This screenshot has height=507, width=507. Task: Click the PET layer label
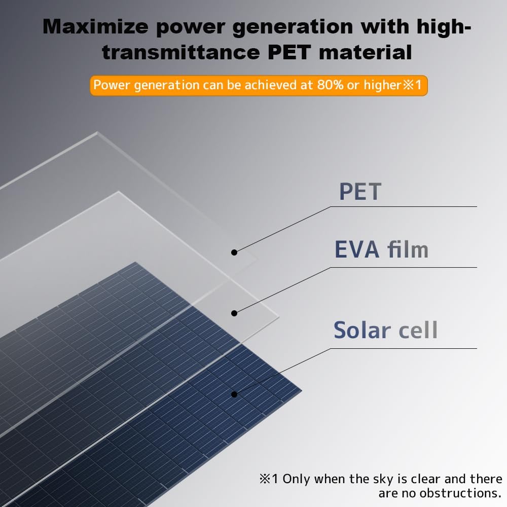359,192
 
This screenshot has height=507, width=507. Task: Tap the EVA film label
381,249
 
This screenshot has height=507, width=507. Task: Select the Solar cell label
385,330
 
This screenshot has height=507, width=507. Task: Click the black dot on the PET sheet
234,252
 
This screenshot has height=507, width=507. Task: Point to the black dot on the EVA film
234,313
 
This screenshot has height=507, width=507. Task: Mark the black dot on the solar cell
234,394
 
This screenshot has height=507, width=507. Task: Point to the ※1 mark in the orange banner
412,85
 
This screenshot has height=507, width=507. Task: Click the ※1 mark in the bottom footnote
269,479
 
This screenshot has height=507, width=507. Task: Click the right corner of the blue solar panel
301,391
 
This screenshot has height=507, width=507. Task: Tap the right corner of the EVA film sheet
279,317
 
